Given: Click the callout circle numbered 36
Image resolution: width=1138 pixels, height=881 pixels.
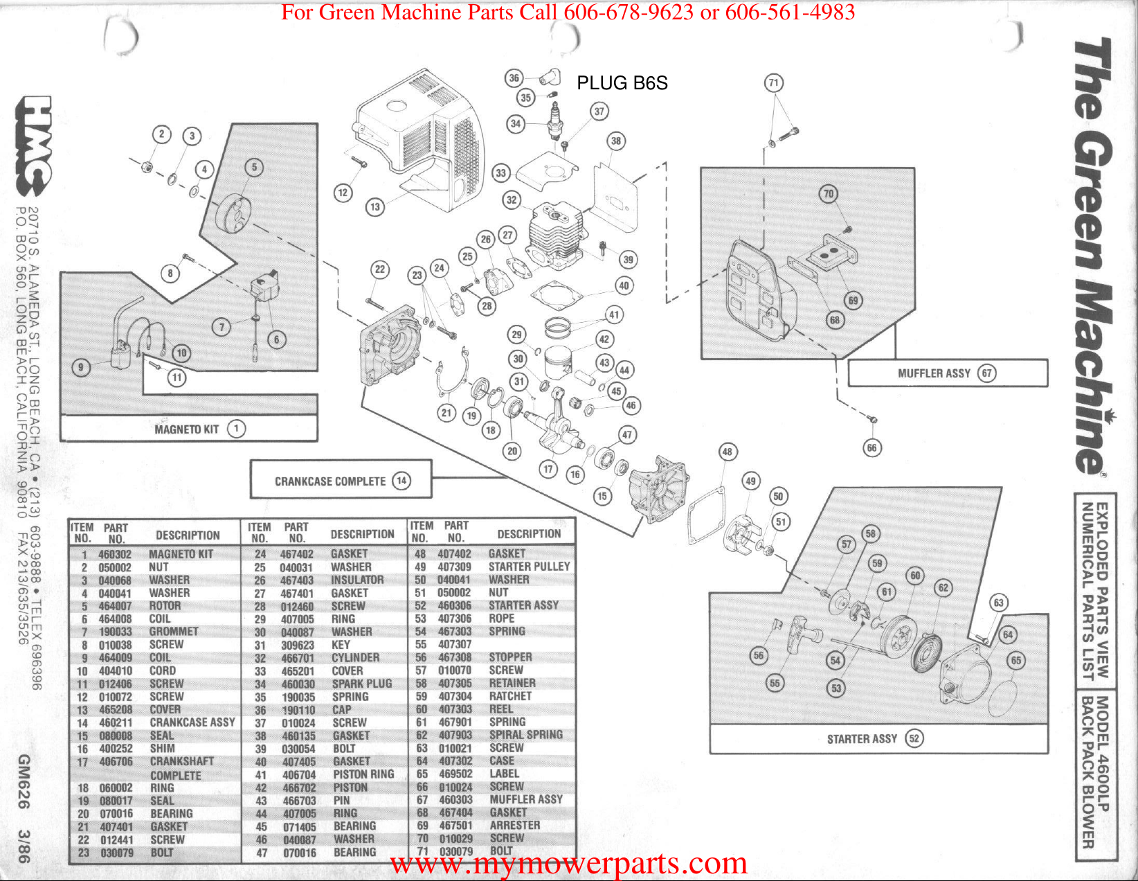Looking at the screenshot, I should [x=514, y=78].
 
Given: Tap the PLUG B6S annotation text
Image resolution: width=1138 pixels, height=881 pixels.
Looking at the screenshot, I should [x=622, y=83].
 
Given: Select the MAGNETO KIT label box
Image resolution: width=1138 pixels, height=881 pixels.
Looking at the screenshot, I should [x=188, y=429].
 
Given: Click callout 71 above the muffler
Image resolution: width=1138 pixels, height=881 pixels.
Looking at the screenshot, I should [x=773, y=83].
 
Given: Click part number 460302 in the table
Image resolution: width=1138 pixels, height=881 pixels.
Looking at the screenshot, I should [x=115, y=554].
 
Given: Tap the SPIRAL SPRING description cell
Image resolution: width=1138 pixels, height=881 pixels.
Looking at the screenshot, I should [x=525, y=734].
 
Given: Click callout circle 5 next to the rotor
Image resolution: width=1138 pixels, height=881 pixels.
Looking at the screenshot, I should [x=254, y=167].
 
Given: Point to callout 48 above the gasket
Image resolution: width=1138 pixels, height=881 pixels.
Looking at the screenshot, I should [x=727, y=452].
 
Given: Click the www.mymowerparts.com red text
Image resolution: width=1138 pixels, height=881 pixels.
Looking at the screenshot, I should [x=568, y=864].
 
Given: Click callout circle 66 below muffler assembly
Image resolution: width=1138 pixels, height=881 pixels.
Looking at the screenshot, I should [x=871, y=447].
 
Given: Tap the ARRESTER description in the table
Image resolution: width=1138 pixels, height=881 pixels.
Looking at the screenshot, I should [x=514, y=825].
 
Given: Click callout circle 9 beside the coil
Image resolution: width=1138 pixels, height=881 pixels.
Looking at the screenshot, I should [x=81, y=367].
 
